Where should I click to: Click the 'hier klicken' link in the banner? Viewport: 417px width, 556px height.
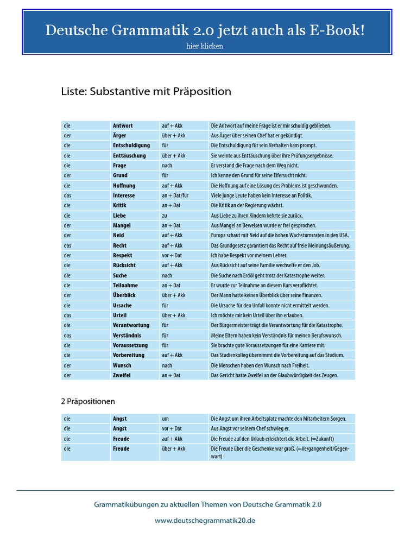point(204,46)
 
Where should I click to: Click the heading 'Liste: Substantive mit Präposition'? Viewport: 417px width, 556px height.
point(146,91)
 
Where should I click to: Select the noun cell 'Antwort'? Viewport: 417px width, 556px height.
point(123,125)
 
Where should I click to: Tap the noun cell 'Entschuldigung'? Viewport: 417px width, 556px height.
point(131,146)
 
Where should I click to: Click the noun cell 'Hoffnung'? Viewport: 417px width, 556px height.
point(124,186)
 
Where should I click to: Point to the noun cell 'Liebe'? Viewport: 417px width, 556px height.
point(119,216)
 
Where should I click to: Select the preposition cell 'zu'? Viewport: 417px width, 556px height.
point(165,216)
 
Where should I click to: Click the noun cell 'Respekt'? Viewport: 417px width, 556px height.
point(123,255)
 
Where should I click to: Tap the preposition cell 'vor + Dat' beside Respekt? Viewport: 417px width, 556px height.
point(172,255)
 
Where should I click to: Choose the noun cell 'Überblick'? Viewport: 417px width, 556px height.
point(124,295)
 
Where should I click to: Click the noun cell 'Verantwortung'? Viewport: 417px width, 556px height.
point(131,325)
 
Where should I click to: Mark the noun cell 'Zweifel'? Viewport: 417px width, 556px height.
point(122,375)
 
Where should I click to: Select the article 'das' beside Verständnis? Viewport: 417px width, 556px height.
point(67,336)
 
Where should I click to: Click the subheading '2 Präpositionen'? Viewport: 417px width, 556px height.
point(88,402)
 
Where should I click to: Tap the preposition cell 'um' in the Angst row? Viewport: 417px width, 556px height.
point(165,419)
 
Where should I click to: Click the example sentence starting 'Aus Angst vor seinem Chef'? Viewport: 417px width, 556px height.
point(257,429)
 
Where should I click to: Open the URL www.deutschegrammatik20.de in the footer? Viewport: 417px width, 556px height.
point(205,520)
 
